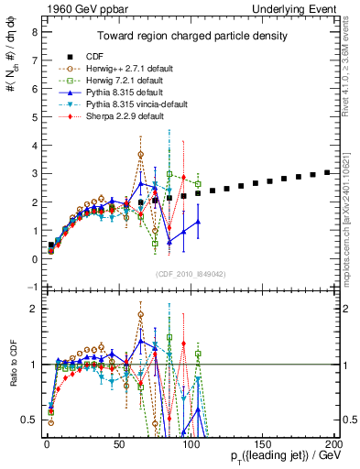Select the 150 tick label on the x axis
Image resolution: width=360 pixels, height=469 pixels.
(x=262, y=442)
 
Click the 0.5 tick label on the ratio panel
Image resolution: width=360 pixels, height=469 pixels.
(x=29, y=420)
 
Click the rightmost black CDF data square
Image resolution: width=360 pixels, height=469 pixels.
(x=327, y=172)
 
